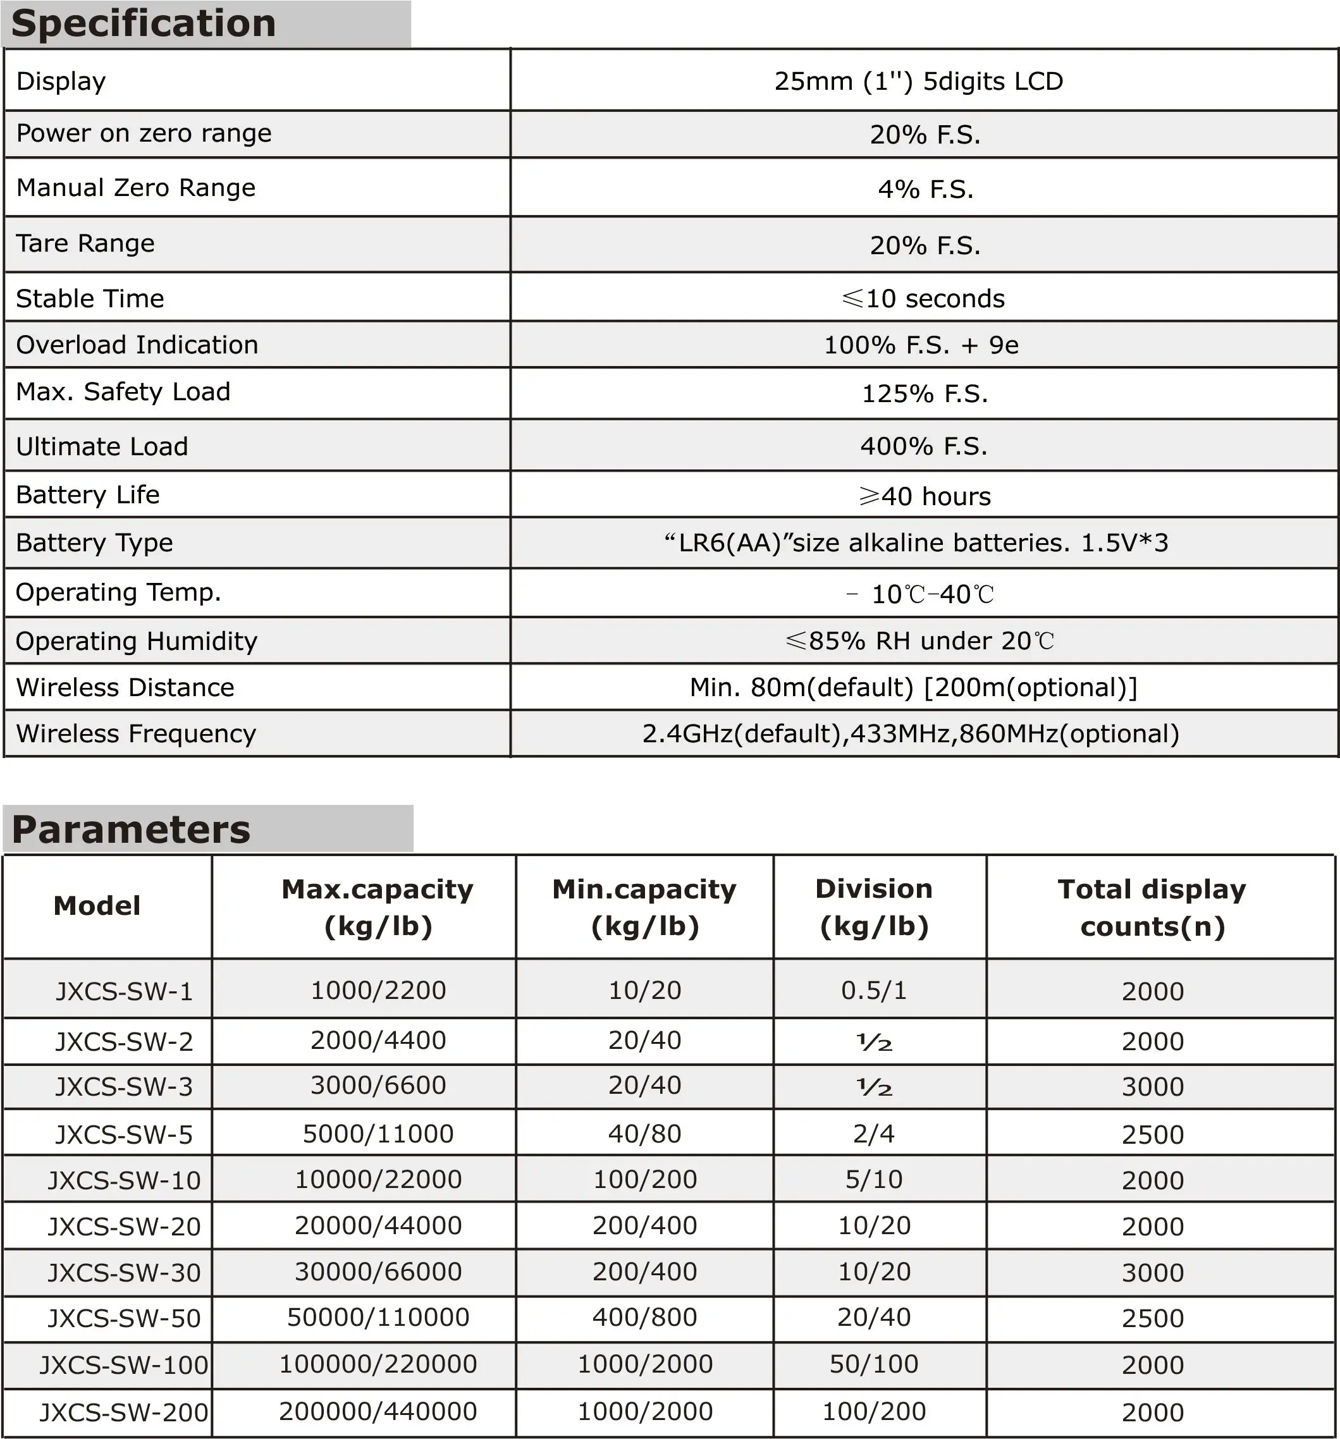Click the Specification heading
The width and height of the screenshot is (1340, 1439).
coord(144,24)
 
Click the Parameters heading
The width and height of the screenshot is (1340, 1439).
coord(131,830)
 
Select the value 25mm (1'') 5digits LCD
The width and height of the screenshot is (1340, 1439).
coord(918,81)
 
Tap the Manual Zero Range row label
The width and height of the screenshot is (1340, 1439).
coord(136,188)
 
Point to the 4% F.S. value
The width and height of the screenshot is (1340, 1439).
coord(925,190)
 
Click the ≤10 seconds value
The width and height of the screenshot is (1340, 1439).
coord(923,299)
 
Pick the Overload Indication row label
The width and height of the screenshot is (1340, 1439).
coord(137,345)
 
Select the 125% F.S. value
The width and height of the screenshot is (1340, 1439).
coord(925,394)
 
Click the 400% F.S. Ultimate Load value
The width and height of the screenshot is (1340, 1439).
coord(924,446)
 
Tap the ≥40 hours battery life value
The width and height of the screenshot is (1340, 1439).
coord(925,496)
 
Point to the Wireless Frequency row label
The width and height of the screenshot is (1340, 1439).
coord(136,734)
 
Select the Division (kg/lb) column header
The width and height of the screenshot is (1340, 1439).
coord(874,908)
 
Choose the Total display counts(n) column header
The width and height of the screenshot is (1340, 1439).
coord(1152,908)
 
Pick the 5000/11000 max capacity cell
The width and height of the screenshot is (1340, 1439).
coord(378,1134)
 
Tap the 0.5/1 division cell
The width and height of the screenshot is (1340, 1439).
coord(874,990)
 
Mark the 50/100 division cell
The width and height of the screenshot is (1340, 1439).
coord(874,1364)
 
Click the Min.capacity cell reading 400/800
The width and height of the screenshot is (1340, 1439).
coord(644,1318)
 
